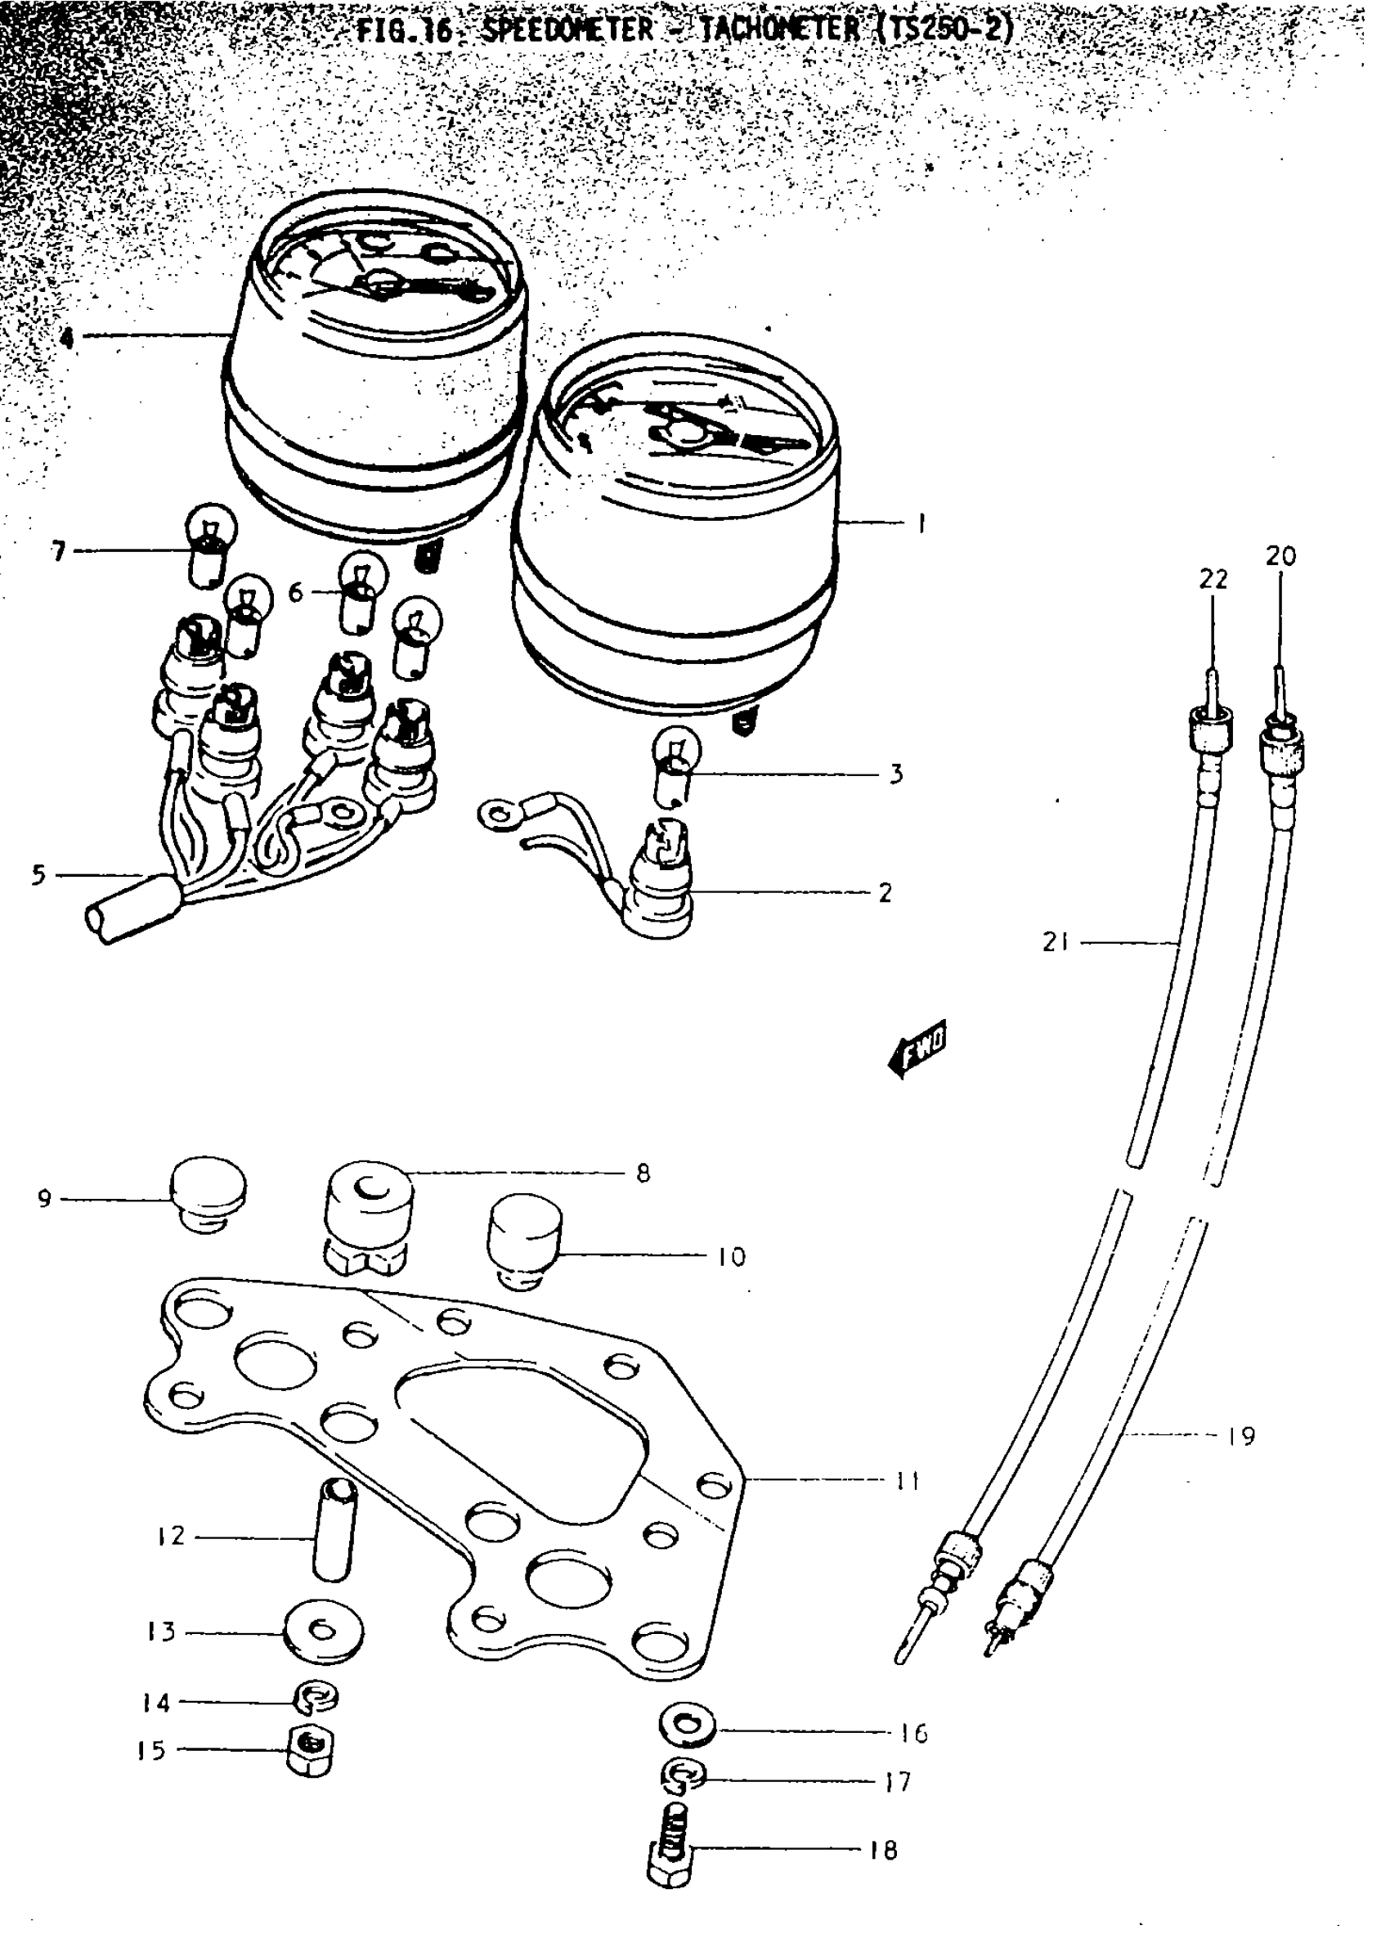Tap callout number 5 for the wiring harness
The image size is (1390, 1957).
coord(38,876)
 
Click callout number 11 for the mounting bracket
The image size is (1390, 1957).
coord(908,1480)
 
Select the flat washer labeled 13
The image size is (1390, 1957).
coord(323,1632)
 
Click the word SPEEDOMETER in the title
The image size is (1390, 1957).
coord(567,31)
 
